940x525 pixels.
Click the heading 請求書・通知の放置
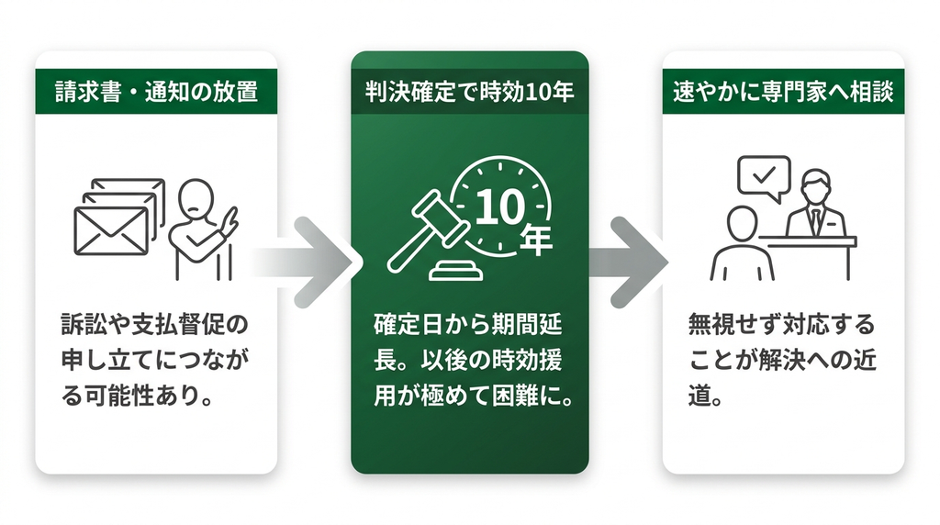(x=156, y=92)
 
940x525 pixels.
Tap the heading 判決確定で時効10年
(x=469, y=92)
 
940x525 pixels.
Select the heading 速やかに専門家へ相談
(x=783, y=92)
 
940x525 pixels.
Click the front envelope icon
(x=111, y=230)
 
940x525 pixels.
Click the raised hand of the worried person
(x=230, y=220)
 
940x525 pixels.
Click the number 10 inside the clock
(x=500, y=207)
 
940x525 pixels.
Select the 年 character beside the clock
(x=535, y=240)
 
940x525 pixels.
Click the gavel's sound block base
(x=456, y=271)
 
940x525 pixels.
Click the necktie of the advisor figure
(x=815, y=220)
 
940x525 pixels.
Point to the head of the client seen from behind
(x=742, y=224)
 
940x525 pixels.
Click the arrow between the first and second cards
(x=306, y=262)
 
